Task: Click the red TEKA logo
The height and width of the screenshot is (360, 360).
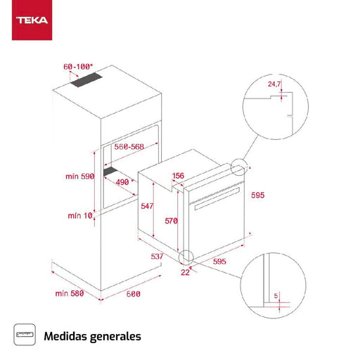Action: (x=30, y=20)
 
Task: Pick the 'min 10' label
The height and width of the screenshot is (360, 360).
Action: (x=80, y=215)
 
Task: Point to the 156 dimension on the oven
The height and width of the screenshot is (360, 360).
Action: (x=178, y=176)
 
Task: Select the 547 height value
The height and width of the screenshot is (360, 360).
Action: (x=146, y=207)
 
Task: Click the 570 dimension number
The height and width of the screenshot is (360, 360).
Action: (x=172, y=220)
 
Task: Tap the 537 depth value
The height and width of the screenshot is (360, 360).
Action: (x=157, y=257)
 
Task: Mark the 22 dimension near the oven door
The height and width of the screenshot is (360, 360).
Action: (x=185, y=271)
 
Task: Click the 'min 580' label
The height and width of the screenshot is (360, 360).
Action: (x=68, y=293)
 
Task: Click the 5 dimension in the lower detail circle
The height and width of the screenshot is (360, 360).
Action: (x=278, y=296)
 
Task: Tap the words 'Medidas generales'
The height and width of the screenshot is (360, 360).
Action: (x=92, y=335)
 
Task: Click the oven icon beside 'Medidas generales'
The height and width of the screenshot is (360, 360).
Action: (x=25, y=335)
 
